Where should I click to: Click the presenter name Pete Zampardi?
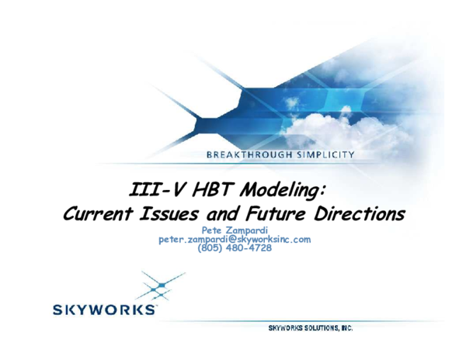[235, 230]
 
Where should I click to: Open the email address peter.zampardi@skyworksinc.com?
[235, 240]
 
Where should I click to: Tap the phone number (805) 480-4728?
[235, 248]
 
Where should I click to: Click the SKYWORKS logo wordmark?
[103, 310]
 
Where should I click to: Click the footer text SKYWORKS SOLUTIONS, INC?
[311, 329]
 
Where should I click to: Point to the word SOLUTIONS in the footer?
[320, 329]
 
